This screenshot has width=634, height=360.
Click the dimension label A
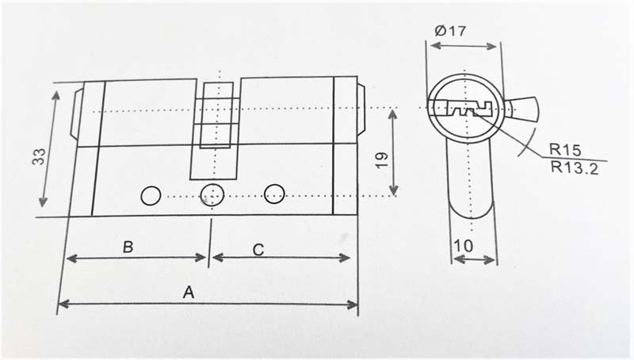[189, 292]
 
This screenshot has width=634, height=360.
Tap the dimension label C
[258, 248]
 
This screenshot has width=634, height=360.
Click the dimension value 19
[380, 158]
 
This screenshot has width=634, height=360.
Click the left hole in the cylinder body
[149, 193]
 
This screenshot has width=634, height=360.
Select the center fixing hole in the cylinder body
[211, 193]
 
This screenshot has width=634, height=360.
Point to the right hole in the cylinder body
[275, 193]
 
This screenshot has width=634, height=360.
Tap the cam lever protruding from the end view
[518, 108]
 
